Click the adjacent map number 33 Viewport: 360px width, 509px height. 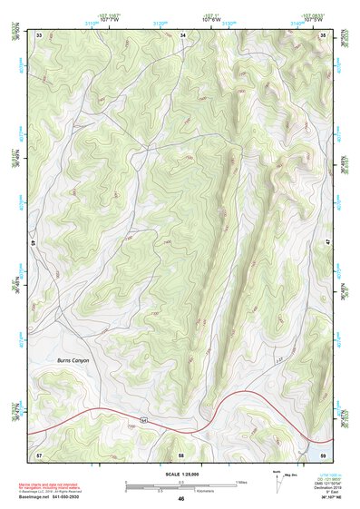(39, 34)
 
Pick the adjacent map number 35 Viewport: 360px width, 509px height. (324, 34)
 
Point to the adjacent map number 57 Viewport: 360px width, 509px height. (39, 453)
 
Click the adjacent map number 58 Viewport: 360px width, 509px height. (181, 453)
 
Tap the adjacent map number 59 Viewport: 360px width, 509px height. (324, 453)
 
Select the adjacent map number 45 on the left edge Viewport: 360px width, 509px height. (33, 243)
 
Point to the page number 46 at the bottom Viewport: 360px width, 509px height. (181, 499)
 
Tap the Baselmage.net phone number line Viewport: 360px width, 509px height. (56, 497)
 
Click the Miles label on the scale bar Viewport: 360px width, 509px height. (241, 482)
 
